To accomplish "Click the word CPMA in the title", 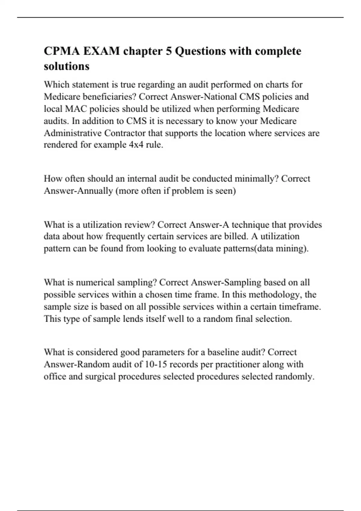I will [62, 51].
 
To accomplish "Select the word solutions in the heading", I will [66, 66].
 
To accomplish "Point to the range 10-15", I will [156, 364].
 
